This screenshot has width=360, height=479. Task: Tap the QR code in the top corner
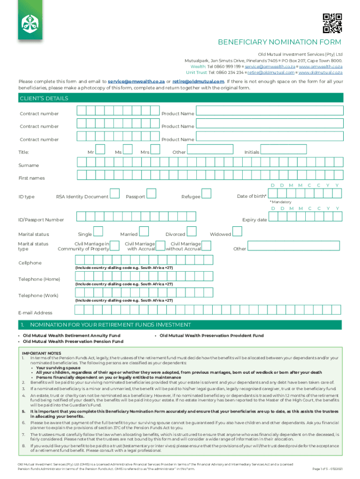332,23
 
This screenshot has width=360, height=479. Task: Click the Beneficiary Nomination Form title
280,43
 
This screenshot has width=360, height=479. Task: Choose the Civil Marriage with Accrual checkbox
160,246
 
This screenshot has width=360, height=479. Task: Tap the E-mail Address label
35,312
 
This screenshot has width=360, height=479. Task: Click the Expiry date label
254,219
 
